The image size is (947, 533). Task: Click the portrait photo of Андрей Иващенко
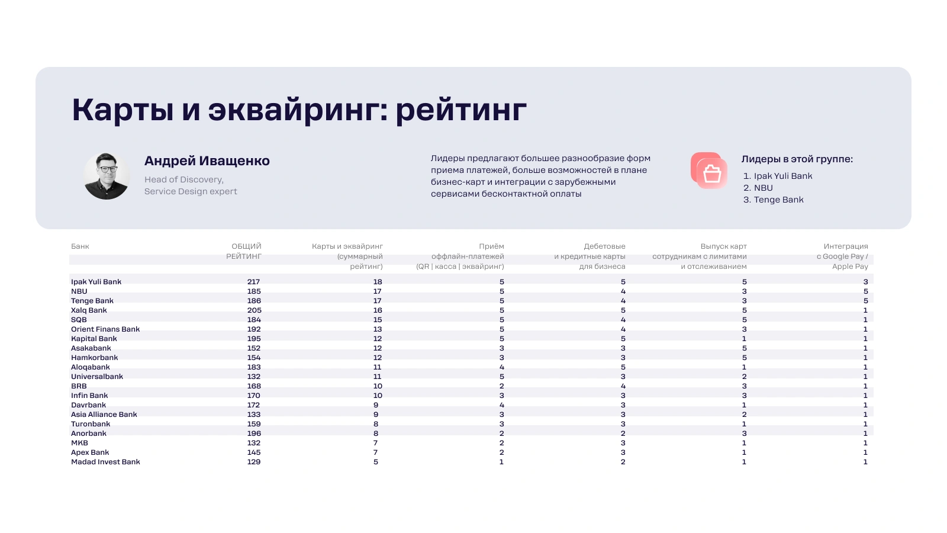107,176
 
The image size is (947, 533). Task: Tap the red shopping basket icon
709,171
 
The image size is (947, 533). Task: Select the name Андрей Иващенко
207,160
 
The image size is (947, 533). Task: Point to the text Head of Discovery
184,179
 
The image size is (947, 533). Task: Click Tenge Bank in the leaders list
778,200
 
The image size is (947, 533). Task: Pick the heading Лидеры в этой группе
797,159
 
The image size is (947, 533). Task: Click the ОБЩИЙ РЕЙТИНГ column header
244,251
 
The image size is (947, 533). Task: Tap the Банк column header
80,246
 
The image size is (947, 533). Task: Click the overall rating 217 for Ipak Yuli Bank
254,282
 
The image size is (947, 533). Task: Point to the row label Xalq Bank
89,310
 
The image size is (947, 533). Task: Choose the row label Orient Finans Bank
105,329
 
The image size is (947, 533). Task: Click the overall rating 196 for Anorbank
254,433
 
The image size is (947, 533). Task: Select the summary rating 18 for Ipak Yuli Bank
378,282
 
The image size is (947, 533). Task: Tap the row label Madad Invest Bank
105,462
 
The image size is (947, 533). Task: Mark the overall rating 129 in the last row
254,462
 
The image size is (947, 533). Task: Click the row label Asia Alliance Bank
104,415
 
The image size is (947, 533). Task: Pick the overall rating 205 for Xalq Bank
254,310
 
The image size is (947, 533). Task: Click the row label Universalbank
97,377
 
